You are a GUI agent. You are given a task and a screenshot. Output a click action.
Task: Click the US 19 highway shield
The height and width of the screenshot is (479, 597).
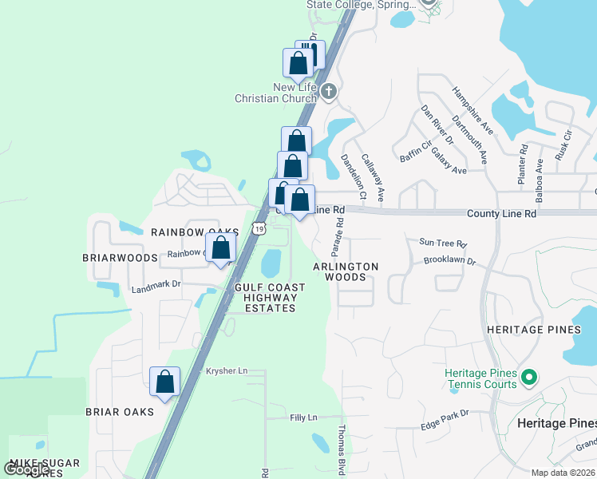[x=258, y=228]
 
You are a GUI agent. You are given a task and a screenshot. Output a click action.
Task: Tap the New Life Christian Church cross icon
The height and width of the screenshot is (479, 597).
[x=329, y=93]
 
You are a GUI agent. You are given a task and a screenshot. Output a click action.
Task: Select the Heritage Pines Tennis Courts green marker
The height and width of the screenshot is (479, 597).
[x=528, y=376]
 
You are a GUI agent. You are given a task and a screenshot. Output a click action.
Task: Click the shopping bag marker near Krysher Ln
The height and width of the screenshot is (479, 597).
[x=164, y=382]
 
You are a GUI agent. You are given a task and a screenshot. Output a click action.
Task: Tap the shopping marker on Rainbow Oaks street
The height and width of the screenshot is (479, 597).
[x=221, y=247]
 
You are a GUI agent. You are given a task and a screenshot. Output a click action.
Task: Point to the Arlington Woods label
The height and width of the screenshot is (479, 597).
[x=346, y=271]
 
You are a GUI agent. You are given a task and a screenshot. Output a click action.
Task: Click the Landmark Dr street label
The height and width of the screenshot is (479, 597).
[x=156, y=283]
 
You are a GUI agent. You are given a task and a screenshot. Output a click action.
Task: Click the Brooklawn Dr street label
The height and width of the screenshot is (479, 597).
[x=450, y=261]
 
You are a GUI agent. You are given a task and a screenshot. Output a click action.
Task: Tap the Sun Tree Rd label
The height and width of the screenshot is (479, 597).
[x=442, y=243]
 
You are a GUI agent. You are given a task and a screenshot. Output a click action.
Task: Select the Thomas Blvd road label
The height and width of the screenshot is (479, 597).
[x=342, y=450]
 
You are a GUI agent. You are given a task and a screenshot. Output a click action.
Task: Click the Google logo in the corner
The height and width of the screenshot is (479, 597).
[x=26, y=469]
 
